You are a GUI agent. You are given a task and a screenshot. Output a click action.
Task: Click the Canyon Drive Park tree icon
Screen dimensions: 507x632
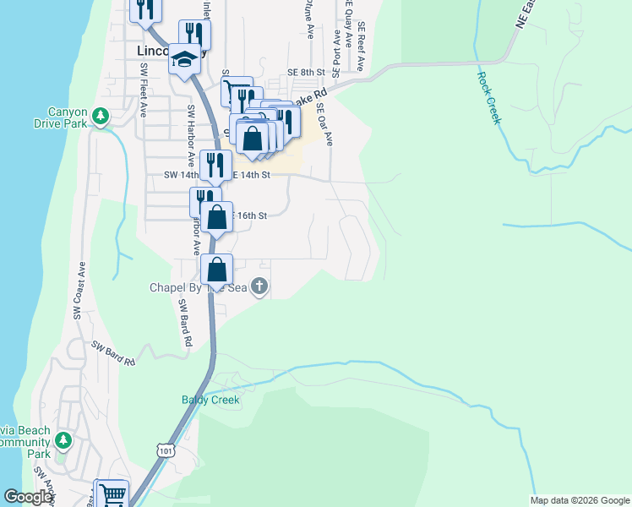[x=101, y=115]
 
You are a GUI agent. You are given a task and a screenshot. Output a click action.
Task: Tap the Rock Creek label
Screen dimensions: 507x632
[x=489, y=98]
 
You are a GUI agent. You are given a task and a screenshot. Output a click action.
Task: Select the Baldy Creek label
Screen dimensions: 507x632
[x=210, y=400]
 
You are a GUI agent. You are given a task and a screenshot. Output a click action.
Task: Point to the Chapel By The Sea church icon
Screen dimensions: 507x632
[x=259, y=287]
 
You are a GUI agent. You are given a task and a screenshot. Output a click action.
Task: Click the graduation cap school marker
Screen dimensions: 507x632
[x=183, y=60]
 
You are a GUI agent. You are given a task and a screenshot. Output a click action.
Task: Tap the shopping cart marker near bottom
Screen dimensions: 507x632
[x=113, y=493]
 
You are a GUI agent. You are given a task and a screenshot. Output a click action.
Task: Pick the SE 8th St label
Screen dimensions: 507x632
[x=306, y=74]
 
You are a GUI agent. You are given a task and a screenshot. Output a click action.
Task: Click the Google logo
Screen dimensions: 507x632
[x=28, y=497]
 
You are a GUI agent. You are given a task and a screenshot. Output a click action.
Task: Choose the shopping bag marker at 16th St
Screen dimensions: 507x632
[x=217, y=216]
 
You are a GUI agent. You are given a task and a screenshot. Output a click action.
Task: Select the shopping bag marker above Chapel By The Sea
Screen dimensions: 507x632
[x=217, y=270]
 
